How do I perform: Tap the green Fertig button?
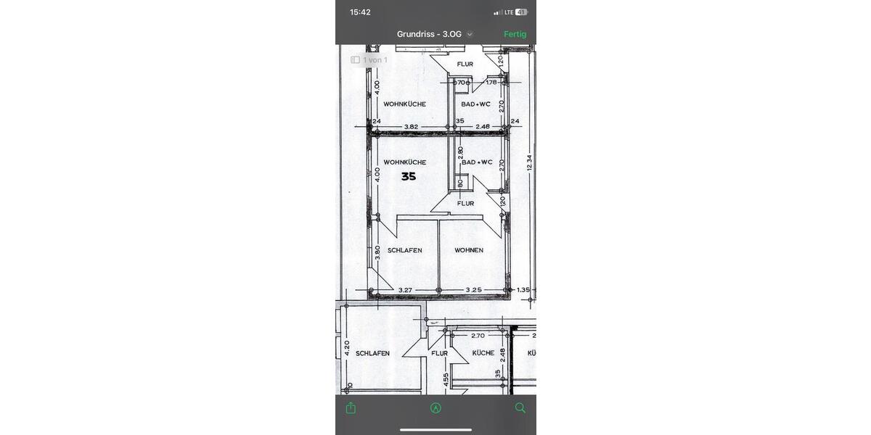pos(515,34)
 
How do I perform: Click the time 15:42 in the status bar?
pos(360,12)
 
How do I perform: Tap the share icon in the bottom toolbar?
pos(351,408)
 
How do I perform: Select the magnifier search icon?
pos(520,408)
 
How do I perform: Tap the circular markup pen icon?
pos(435,408)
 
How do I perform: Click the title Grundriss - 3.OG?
pos(430,34)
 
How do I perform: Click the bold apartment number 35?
pos(409,176)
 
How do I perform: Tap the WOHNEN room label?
pos(469,250)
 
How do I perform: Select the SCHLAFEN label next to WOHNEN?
pos(404,250)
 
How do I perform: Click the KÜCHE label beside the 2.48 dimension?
pos(483,353)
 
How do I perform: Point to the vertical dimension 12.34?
pos(529,163)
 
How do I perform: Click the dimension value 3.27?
pos(406,290)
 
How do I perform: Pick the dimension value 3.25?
pos(473,290)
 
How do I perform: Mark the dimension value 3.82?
pos(411,127)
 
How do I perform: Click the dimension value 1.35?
pos(523,290)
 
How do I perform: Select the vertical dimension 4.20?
pos(347,349)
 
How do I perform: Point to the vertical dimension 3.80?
pos(377,253)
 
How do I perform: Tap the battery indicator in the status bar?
pos(521,12)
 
